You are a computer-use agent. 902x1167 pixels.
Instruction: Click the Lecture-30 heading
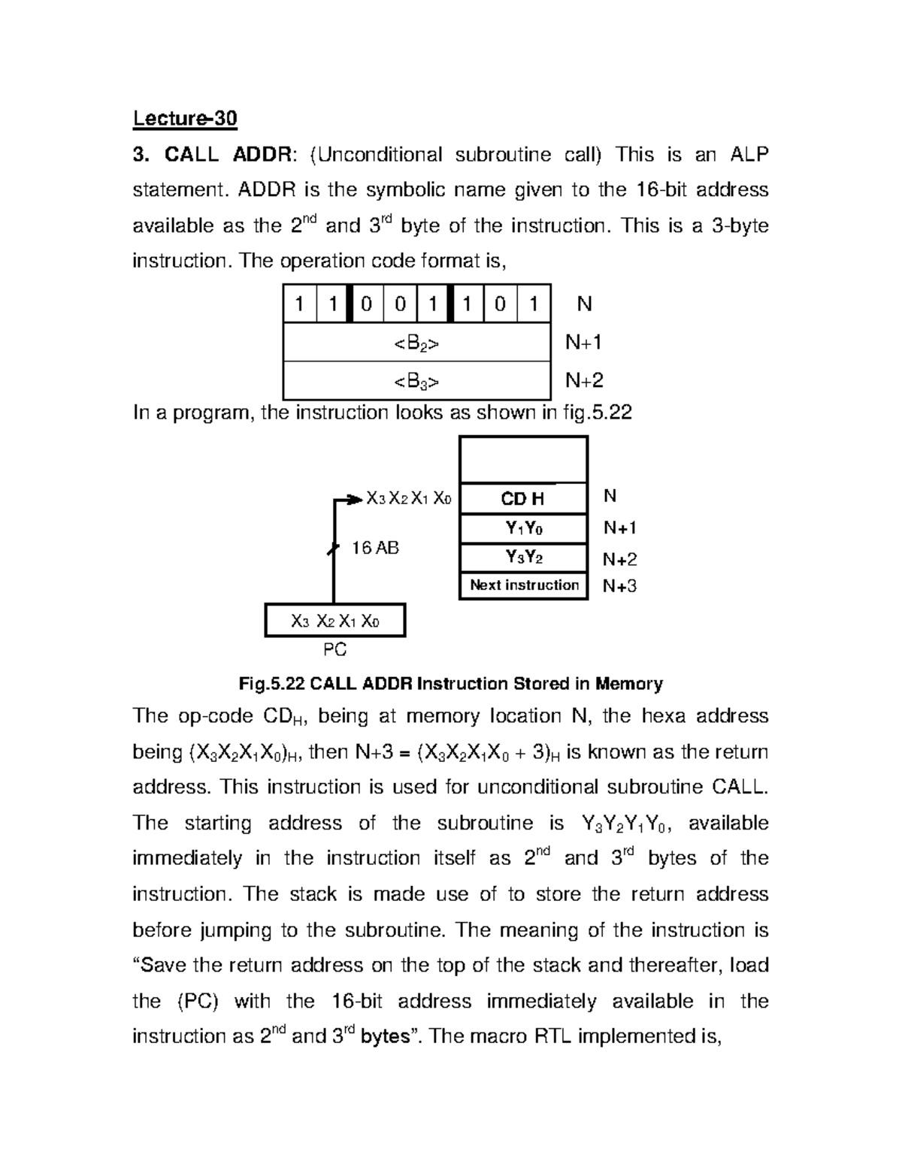(185, 119)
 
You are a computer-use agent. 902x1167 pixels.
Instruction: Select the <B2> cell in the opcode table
(416, 343)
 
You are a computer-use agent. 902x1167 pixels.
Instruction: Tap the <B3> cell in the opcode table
(416, 382)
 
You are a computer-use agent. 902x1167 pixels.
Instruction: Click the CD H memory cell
(523, 499)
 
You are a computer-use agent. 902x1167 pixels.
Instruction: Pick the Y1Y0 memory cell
(523, 529)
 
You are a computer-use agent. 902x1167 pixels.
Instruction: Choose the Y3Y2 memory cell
(523, 558)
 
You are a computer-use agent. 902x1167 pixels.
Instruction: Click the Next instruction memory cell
(524, 585)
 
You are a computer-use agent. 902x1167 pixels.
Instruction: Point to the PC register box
(335, 621)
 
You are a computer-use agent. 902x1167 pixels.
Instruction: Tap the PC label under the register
(334, 649)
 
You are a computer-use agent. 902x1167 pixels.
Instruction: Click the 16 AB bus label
(375, 548)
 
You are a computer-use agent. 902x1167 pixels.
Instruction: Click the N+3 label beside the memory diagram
(619, 586)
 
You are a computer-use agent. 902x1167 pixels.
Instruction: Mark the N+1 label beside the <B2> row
(584, 343)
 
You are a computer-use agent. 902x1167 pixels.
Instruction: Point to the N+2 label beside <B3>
(584, 381)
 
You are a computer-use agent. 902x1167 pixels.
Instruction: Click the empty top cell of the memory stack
(523, 460)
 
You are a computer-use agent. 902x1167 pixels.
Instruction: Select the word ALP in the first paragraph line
(749, 155)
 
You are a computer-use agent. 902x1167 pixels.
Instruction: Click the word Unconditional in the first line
(380, 155)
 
